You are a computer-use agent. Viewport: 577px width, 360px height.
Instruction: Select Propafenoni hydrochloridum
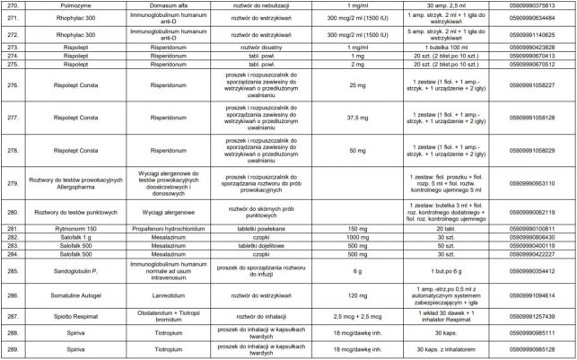tap(161, 229)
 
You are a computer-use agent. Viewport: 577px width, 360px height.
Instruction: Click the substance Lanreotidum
tap(161, 294)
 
